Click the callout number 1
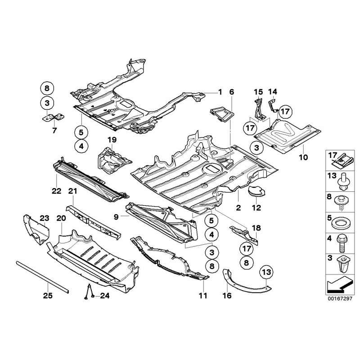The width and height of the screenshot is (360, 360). coord(220,92)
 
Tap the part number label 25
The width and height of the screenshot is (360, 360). coord(48,296)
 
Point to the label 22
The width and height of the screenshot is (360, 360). coord(56,191)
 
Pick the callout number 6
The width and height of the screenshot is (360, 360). coord(232,92)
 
